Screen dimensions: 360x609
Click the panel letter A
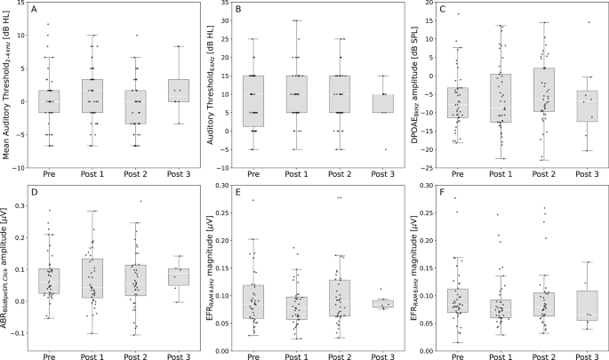(x=34, y=10)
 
